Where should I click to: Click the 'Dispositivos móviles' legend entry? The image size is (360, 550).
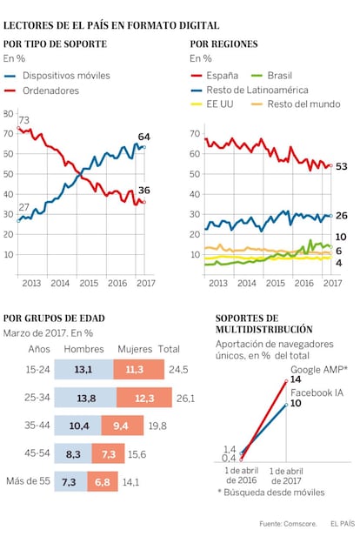tap(57, 76)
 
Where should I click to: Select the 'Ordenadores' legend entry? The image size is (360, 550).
tap(42, 91)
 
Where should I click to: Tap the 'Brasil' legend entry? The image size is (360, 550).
tap(272, 76)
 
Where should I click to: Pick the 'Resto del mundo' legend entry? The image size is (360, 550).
tap(297, 104)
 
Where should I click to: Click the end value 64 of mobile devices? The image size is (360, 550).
tap(143, 137)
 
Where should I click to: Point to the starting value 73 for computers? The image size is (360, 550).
tap(23, 120)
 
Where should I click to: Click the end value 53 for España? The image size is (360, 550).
tap(341, 166)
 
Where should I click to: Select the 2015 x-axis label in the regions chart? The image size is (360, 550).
tap(275, 283)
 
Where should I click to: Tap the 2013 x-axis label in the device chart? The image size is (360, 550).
tap(31, 283)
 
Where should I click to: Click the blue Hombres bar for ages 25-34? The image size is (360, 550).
tap(85, 398)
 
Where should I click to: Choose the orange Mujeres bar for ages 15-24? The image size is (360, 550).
tap(139, 369)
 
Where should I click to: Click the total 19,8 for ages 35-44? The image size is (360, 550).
tap(157, 426)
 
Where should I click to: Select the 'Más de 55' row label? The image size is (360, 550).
tap(28, 481)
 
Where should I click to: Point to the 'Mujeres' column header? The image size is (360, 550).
tap(135, 349)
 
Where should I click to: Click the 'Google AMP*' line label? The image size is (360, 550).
tap(319, 370)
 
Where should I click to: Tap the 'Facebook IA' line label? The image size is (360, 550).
tap(317, 392)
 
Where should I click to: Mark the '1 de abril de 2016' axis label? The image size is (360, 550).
tap(242, 476)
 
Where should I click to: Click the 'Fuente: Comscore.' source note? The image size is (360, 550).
tap(288, 524)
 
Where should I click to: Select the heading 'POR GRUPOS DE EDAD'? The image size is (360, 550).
tap(54, 319)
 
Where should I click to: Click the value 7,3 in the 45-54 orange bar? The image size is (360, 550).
tap(109, 454)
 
